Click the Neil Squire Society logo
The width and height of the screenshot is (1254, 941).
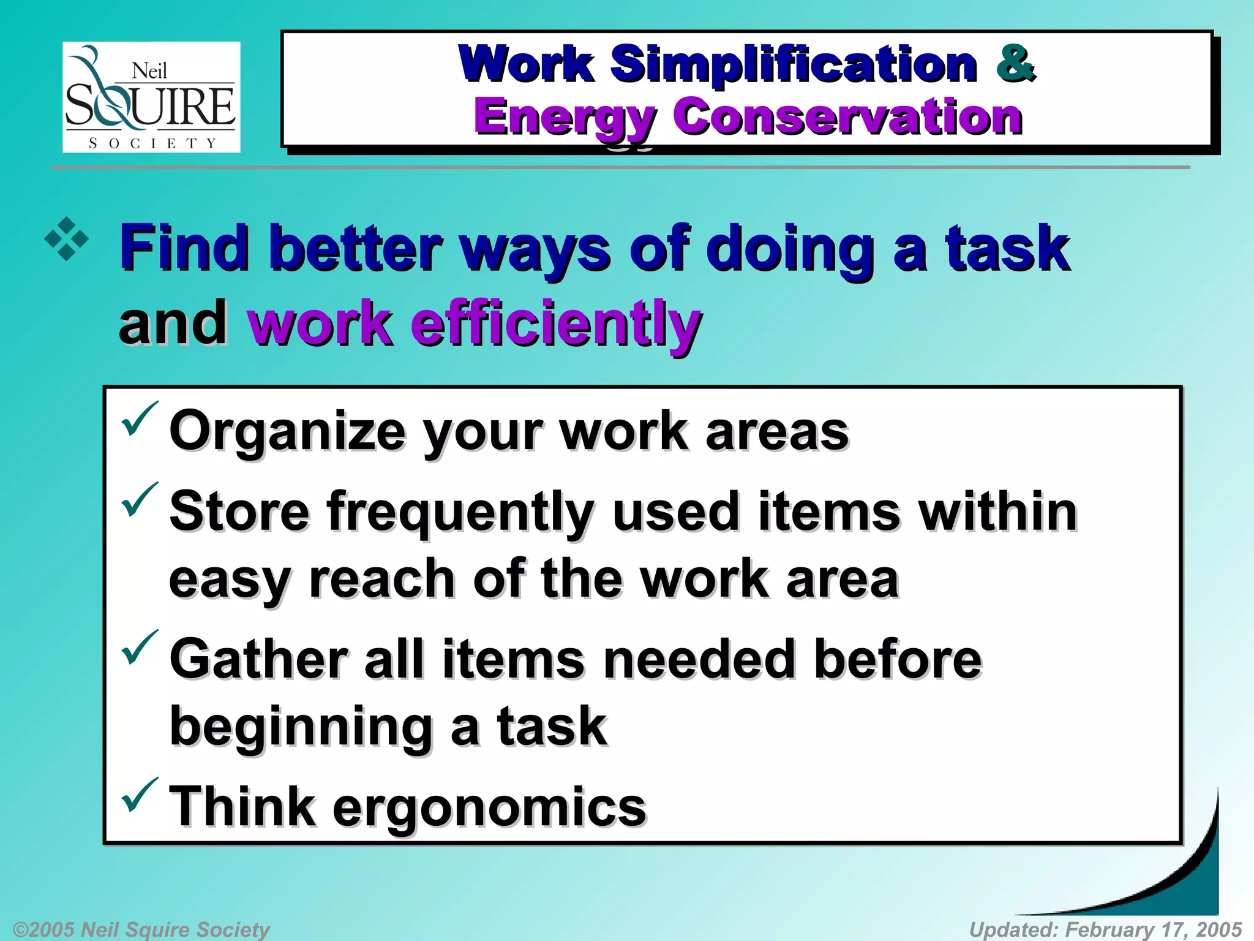[151, 97]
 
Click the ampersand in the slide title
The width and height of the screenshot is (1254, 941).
[1015, 63]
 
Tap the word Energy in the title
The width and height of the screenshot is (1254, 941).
[565, 118]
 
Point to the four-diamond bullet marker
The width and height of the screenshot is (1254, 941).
[67, 239]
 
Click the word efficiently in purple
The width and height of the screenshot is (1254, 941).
[556, 323]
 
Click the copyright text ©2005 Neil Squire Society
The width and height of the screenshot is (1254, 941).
[141, 929]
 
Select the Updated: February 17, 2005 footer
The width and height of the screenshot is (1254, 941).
[1105, 929]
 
